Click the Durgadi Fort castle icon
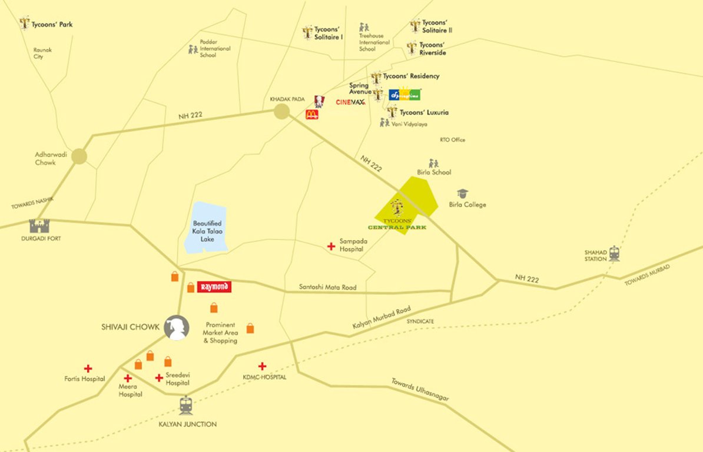[39, 225]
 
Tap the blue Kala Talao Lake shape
[206, 228]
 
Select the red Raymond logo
[214, 287]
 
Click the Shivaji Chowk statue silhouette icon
[176, 328]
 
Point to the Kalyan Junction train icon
[186, 406]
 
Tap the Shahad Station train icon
[615, 253]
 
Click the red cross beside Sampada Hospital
[331, 245]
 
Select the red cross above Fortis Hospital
[88, 368]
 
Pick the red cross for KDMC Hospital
[262, 366]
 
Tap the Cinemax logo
[350, 102]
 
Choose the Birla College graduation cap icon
[462, 194]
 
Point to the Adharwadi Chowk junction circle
[79, 156]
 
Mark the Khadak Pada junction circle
[282, 111]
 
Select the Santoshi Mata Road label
[328, 287]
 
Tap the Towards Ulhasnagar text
[420, 390]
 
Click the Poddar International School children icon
[193, 49]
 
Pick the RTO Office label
[452, 139]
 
